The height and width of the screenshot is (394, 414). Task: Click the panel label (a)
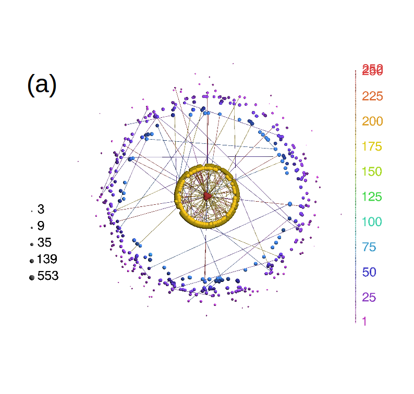click(42, 84)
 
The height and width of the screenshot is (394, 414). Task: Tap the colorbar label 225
click(372, 96)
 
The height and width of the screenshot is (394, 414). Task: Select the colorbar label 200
click(372, 121)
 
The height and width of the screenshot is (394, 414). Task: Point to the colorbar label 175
click(372, 146)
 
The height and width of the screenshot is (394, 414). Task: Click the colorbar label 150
click(372, 171)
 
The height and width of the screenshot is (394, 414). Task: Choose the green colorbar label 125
click(372, 197)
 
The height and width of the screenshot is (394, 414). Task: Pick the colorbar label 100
click(372, 222)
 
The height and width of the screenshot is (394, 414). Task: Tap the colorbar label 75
click(369, 247)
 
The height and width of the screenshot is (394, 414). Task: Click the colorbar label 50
click(369, 272)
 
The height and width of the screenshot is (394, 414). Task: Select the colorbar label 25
click(369, 298)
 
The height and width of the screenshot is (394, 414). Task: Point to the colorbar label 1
click(364, 322)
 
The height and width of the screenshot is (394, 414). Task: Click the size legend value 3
click(41, 210)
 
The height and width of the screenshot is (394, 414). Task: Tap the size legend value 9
click(41, 226)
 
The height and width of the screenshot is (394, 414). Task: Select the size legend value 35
click(44, 243)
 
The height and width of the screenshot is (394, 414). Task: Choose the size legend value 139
click(47, 260)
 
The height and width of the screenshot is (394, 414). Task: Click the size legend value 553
click(48, 276)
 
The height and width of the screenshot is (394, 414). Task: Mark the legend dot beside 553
click(31, 278)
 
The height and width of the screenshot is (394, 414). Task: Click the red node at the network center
click(207, 196)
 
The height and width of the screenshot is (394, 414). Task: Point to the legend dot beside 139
click(31, 261)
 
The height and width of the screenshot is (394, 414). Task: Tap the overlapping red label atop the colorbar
click(372, 70)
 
